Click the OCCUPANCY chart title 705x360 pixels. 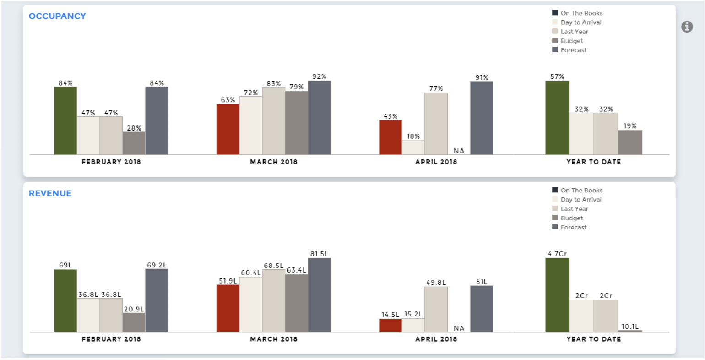[x=57, y=16]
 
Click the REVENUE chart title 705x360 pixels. [x=50, y=193]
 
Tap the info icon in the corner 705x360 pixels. [x=687, y=27]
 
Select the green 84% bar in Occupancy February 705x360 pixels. [x=65, y=120]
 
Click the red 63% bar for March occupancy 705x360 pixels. [x=228, y=129]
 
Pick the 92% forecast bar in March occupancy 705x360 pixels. [x=319, y=118]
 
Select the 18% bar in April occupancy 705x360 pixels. [x=413, y=147]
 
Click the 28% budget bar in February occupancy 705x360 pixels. [x=134, y=143]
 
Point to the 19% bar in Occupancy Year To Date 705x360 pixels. [x=630, y=142]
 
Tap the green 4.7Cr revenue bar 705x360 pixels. [x=557, y=295]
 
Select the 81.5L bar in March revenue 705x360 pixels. [x=319, y=295]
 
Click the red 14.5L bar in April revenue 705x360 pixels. [x=390, y=325]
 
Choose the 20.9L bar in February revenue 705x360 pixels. [x=134, y=322]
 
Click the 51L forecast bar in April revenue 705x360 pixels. [x=482, y=308]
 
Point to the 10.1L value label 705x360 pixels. [x=630, y=327]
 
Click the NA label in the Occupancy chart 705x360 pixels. [x=459, y=151]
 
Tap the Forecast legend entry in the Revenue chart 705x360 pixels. [x=573, y=227]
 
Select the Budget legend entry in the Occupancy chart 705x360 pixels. [x=571, y=41]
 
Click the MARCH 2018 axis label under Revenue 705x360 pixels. [x=273, y=339]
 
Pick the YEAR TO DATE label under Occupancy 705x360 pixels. [x=593, y=162]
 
